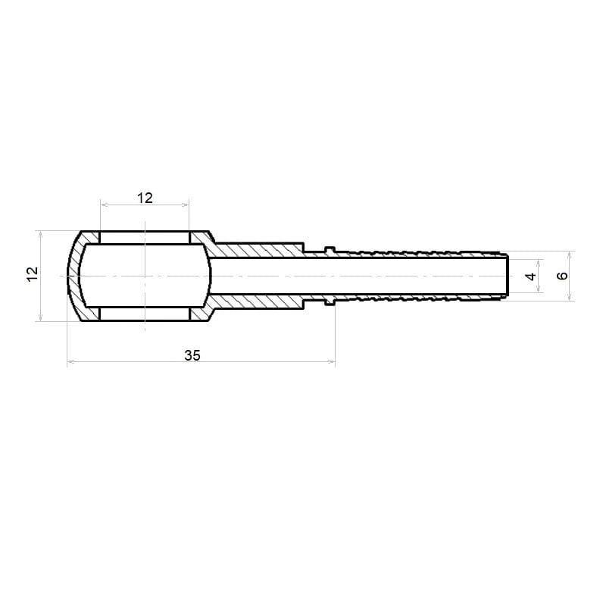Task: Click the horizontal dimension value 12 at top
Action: pos(145,198)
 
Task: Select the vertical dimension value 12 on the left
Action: pos(33,274)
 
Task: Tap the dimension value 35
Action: pos(192,355)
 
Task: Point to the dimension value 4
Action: pos(532,276)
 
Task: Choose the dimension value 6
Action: pos(562,276)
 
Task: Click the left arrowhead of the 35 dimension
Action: pos(70,362)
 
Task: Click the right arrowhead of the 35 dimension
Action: pos(332,362)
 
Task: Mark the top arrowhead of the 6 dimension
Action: pos(570,255)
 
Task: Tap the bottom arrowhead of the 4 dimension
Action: pos(539,289)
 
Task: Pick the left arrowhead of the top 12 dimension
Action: pos(104,205)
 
